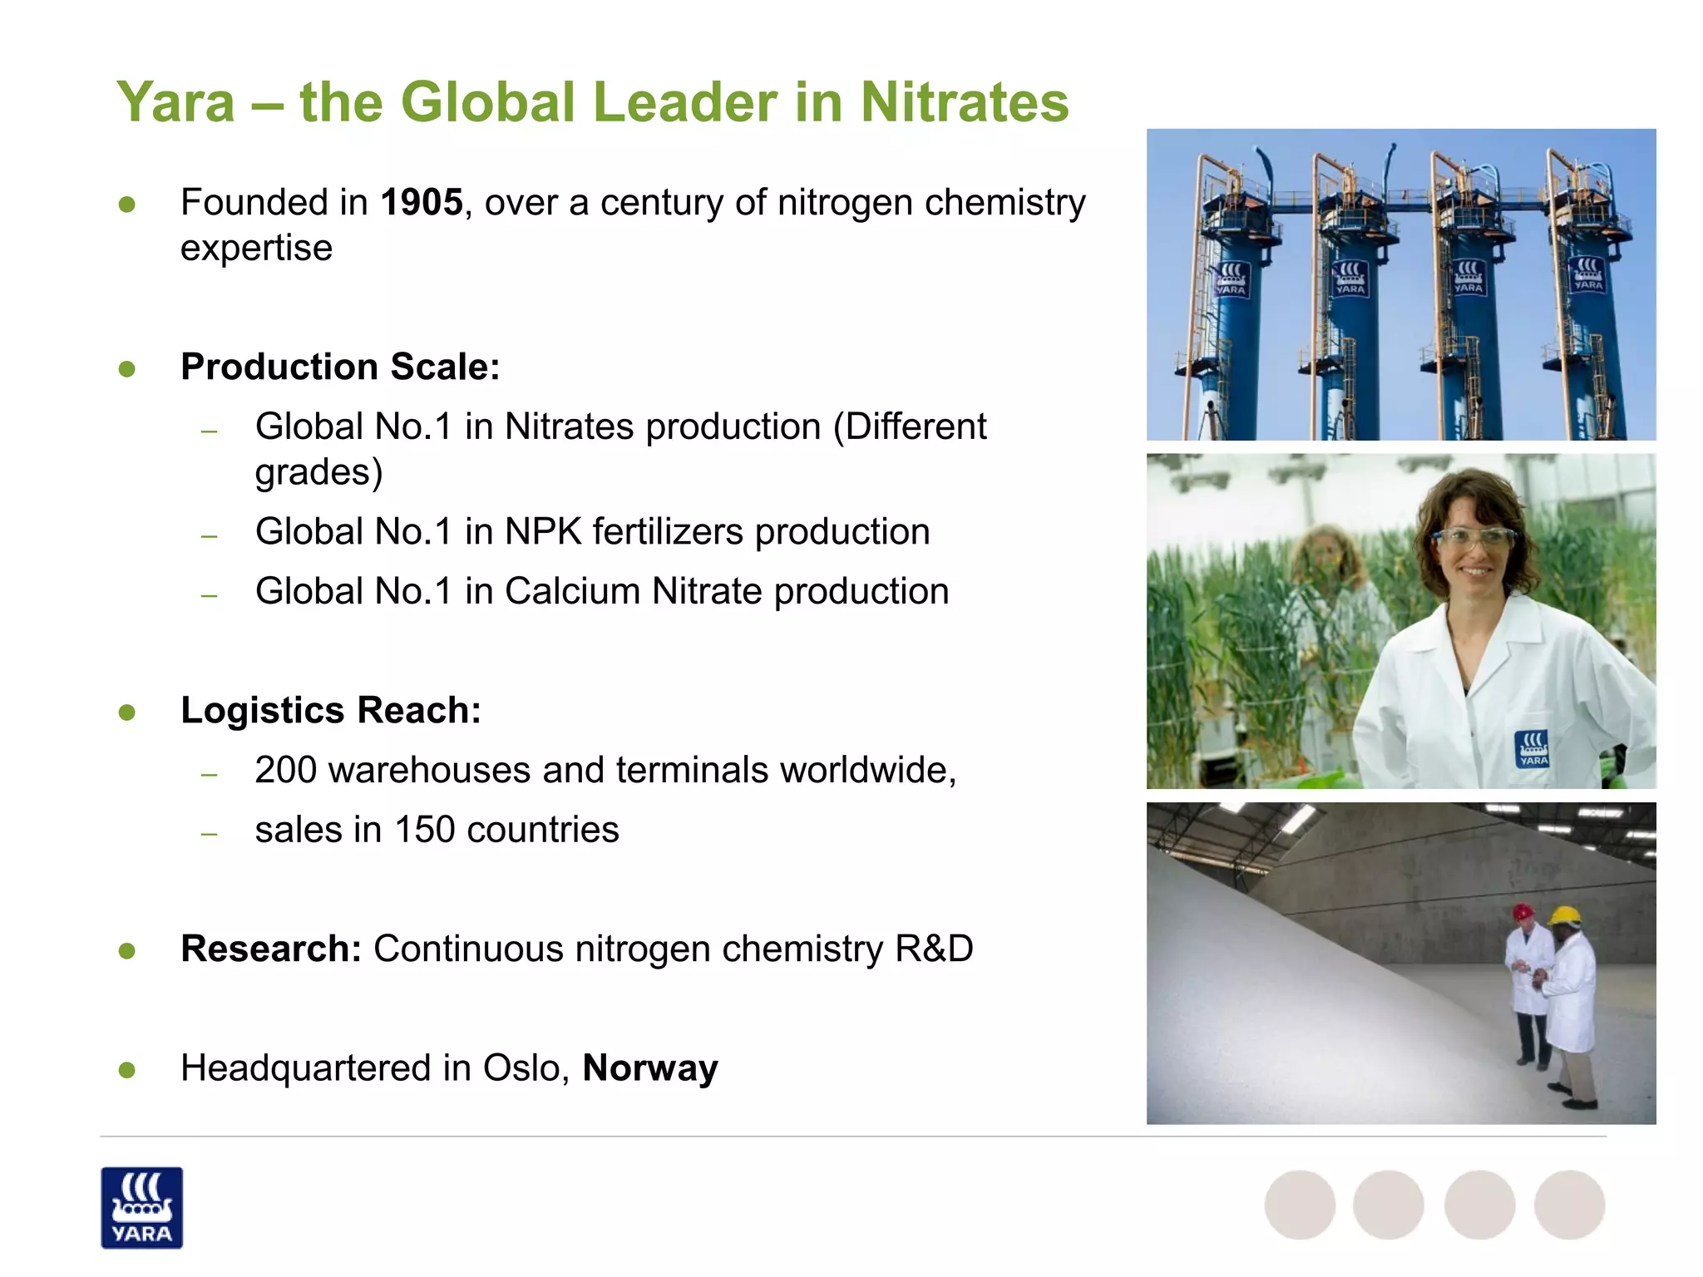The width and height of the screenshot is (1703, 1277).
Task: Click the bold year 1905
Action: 421,202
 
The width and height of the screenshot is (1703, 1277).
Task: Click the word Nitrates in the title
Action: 964,102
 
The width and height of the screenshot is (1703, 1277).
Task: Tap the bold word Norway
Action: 649,1067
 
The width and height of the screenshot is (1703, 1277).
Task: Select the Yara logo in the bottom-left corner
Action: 141,1207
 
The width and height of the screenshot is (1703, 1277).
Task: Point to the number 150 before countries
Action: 424,830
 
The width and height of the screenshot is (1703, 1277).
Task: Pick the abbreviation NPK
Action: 542,531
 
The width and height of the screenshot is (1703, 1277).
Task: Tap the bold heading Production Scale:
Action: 340,367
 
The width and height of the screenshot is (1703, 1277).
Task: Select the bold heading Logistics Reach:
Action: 331,710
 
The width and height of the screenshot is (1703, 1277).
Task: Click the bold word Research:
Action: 271,949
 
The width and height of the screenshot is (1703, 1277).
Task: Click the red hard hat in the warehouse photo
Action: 1523,912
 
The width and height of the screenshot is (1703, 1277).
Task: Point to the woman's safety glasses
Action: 1474,538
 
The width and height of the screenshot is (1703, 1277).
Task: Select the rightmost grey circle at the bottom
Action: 1569,1205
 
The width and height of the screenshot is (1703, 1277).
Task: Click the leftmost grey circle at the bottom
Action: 1300,1205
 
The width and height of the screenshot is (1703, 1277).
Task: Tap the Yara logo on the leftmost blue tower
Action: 1231,279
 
